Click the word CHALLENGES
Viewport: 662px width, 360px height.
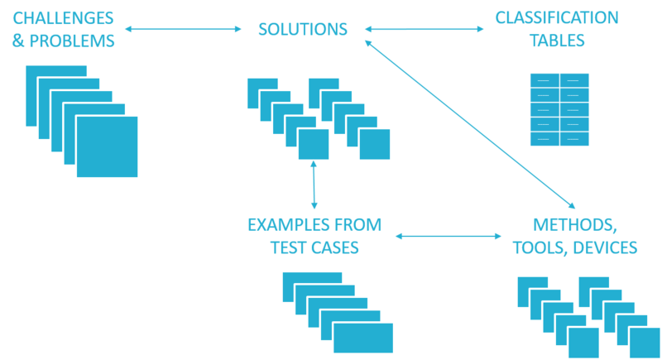61,17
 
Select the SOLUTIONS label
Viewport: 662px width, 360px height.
302,29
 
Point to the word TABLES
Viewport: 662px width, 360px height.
558,40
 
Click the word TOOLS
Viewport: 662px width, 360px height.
538,247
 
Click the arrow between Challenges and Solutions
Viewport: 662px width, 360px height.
182,30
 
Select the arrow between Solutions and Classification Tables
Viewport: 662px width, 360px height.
424,30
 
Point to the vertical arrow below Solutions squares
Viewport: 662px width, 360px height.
314,186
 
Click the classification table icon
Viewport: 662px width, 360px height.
559,109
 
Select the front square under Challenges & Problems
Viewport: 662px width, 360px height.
108,146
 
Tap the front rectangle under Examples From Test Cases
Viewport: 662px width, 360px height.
363,338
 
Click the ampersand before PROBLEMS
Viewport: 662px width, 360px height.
17,40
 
